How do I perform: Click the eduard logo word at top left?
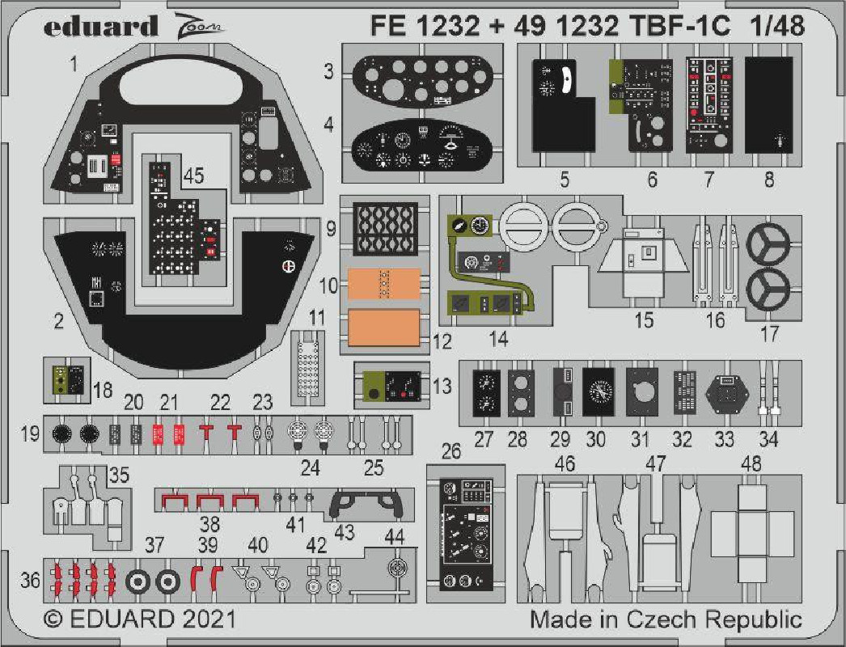click(x=101, y=27)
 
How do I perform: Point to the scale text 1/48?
click(x=777, y=26)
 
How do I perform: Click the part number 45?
click(x=193, y=175)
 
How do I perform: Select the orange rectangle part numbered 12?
click(x=383, y=328)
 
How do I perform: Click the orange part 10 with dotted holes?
click(x=383, y=284)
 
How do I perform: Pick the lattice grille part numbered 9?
click(x=385, y=228)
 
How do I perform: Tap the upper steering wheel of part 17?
click(x=768, y=244)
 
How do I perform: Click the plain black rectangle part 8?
click(x=768, y=105)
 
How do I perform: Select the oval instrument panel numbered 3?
click(x=422, y=80)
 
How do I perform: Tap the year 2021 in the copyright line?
click(x=208, y=619)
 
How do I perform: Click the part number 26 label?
click(x=451, y=451)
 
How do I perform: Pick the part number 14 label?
click(x=498, y=340)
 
